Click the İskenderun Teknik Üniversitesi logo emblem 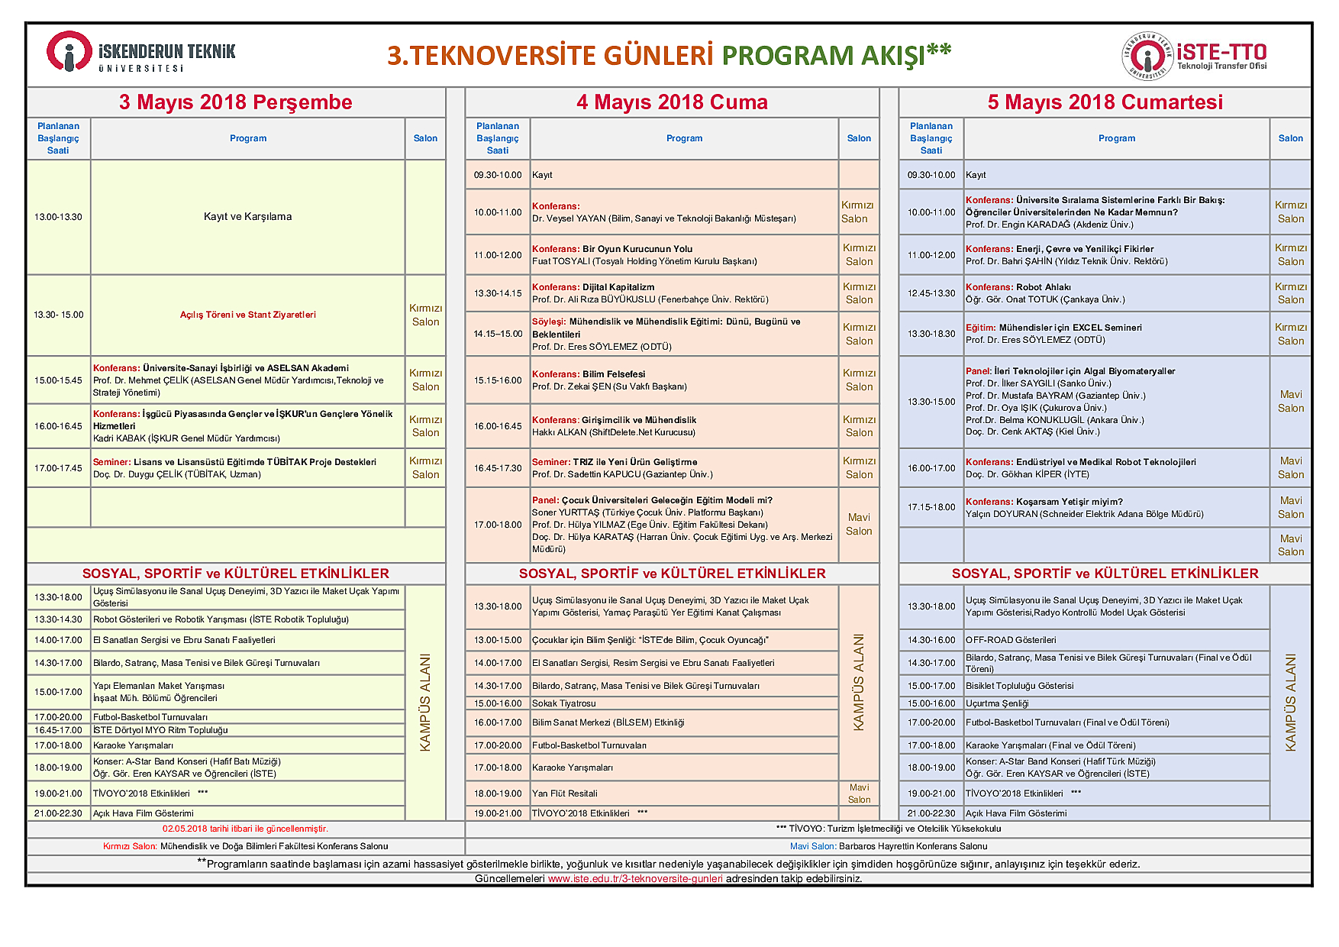pyautogui.click(x=69, y=52)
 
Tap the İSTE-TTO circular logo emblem pyautogui.click(x=1147, y=56)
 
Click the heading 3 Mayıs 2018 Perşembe pyautogui.click(x=235, y=102)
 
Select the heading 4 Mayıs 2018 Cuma pyautogui.click(x=672, y=102)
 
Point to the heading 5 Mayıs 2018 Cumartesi pyautogui.click(x=1105, y=102)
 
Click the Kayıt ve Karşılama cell pyautogui.click(x=247, y=217)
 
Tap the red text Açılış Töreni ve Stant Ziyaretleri pyautogui.click(x=247, y=315)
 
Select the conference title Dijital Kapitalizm pyautogui.click(x=618, y=287)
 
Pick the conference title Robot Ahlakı pyautogui.click(x=1043, y=287)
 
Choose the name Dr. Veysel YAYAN pyautogui.click(x=569, y=218)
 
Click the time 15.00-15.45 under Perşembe pyautogui.click(x=58, y=380)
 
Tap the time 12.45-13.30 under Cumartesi pyautogui.click(x=931, y=293)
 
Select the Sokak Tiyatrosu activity pyautogui.click(x=564, y=703)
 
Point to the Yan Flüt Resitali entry pyautogui.click(x=565, y=793)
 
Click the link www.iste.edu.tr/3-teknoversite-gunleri pyautogui.click(x=635, y=878)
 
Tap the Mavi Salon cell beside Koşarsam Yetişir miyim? pyautogui.click(x=1290, y=507)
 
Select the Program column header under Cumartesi pyautogui.click(x=1116, y=138)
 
